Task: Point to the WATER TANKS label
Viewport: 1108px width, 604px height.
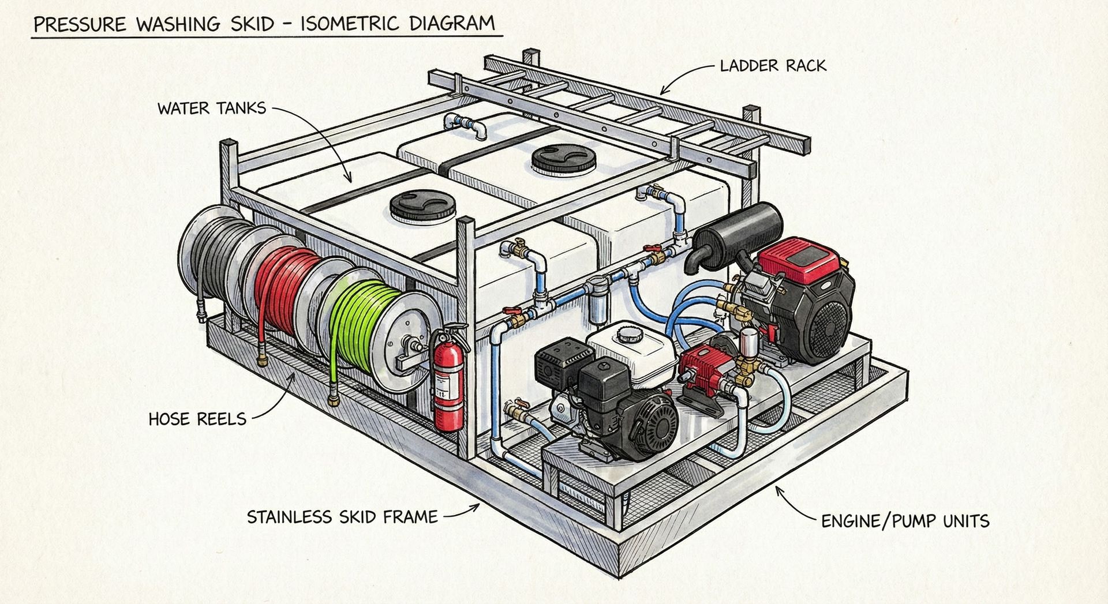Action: (x=212, y=108)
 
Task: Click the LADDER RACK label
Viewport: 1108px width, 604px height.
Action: (x=773, y=66)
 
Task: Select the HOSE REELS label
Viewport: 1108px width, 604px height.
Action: (x=197, y=419)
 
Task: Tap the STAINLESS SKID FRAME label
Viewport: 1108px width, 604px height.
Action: (x=342, y=516)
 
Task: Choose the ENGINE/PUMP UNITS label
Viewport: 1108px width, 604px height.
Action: (x=905, y=522)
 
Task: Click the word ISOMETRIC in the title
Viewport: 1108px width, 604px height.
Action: (x=349, y=24)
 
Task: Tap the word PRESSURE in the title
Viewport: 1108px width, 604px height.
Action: (x=80, y=25)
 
